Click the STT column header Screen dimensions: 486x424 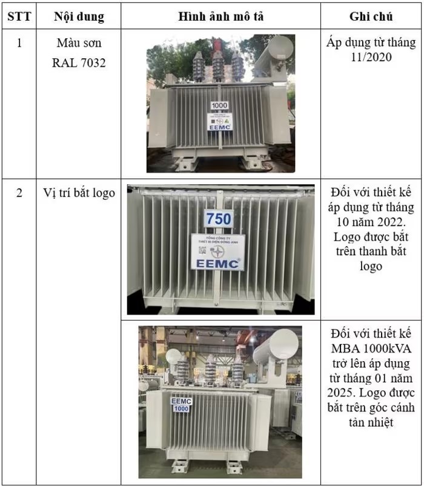coord(19,16)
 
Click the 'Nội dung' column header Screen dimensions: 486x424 coord(79,16)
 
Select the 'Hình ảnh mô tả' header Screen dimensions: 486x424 coord(220,16)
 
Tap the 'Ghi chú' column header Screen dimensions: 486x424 coord(371,16)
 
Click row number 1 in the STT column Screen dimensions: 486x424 coord(19,44)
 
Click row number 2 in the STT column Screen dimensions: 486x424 coord(19,194)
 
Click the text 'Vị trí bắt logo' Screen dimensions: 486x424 coord(79,194)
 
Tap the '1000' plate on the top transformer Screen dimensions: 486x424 coord(219,105)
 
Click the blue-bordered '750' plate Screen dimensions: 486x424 coord(218,219)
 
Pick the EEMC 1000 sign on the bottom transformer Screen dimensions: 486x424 coord(181,405)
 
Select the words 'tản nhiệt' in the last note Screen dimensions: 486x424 coord(371,422)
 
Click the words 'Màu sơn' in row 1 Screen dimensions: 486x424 coord(79,44)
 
